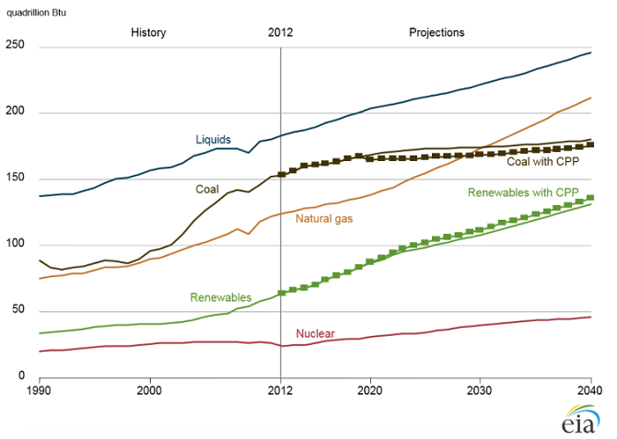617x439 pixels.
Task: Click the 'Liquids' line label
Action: (x=214, y=139)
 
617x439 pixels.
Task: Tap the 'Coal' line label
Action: (x=207, y=189)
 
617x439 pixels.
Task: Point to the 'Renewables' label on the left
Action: (x=219, y=297)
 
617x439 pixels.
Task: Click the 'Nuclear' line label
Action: (x=315, y=333)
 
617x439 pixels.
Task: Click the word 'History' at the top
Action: (x=148, y=32)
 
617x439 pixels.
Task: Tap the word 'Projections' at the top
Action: (x=437, y=32)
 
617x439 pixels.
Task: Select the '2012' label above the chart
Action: (x=280, y=32)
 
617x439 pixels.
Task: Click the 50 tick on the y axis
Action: (x=17, y=311)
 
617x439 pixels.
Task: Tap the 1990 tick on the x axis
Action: (x=40, y=390)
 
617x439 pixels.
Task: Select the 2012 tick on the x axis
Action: (x=280, y=390)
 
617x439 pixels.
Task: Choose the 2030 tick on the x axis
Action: (x=480, y=390)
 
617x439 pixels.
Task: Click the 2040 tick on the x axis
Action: (x=590, y=390)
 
